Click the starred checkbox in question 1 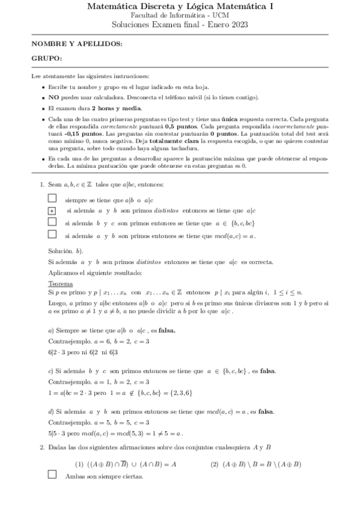[52, 210]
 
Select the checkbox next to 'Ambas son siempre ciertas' [52, 475]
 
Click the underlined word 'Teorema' [61, 283]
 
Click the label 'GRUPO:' [46, 59]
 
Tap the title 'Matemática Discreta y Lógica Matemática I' [180, 7]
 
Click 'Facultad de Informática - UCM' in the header [180, 15]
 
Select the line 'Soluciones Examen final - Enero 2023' [180, 25]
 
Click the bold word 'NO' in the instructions [53, 97]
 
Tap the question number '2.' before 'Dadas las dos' [42, 447]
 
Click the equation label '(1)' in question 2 [79, 464]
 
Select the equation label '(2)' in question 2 [215, 464]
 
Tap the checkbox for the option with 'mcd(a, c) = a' [52, 235]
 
